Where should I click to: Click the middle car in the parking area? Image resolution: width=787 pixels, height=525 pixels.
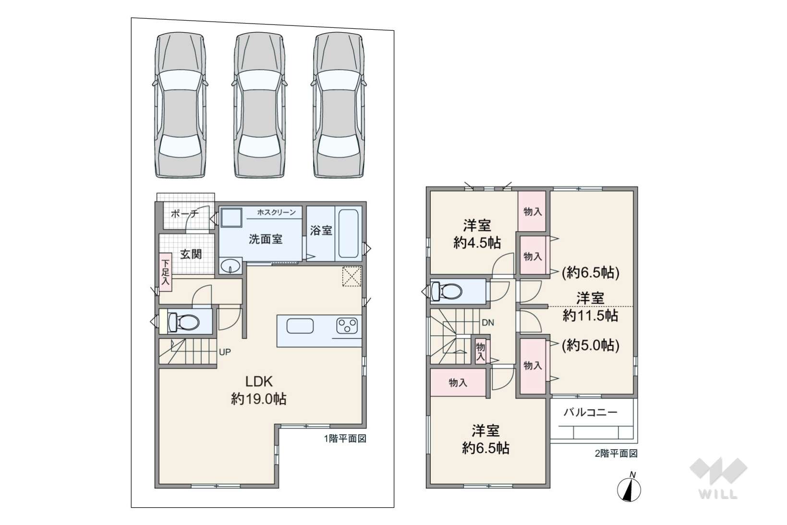pos(260,105)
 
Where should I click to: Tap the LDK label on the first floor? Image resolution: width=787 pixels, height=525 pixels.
pos(259,381)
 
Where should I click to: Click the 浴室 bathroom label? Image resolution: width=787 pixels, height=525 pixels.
pos(321,231)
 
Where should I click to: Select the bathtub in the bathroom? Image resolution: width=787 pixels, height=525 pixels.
pos(348,233)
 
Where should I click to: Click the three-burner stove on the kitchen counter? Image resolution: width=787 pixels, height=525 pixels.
pos(347,325)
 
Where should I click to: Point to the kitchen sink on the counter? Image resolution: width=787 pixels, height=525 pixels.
pos(300,326)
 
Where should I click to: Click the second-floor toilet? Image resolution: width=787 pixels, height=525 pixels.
pos(446,291)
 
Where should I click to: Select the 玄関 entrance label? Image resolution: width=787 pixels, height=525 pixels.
pos(191,254)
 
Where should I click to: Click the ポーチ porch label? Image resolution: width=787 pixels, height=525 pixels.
pos(185,214)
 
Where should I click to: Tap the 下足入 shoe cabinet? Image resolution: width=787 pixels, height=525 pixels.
pos(166,272)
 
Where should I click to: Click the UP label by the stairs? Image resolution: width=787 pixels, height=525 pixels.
pos(225,352)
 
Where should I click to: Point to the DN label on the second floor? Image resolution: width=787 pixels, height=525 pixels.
pos(488,322)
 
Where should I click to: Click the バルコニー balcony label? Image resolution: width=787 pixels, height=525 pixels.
pos(590,412)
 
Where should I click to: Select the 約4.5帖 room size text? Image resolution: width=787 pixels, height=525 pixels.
pos(477,243)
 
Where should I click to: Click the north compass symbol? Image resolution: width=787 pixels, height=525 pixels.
pos(629,488)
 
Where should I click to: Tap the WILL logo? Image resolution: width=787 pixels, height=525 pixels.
pos(718,478)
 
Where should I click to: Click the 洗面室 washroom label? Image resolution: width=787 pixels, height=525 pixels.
pos(266,239)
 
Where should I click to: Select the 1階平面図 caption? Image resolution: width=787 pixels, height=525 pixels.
pos(345,439)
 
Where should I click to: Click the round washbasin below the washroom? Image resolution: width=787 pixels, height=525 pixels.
pos(230,265)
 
